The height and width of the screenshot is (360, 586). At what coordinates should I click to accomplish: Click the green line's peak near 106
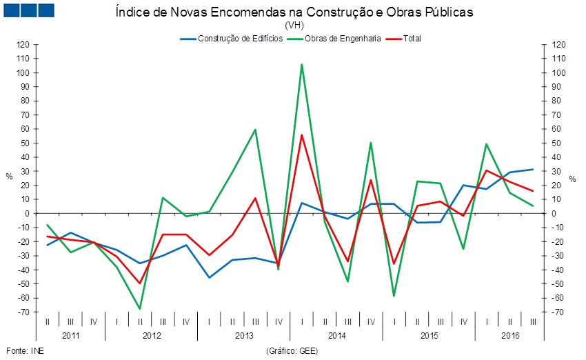tap(301, 64)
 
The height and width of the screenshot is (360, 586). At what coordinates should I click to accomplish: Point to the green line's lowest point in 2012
tap(140, 308)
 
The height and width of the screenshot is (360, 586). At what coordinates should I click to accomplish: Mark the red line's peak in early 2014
tap(301, 135)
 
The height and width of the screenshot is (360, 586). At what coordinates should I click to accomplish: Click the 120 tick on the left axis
tap(23, 45)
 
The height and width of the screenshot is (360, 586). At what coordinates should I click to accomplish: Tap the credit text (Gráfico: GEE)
tap(292, 350)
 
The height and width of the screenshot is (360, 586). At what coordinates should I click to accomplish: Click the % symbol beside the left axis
tap(9, 177)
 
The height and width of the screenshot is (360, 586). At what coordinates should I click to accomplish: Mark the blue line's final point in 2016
tap(532, 170)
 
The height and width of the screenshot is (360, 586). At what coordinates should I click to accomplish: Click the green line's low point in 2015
tap(394, 296)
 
